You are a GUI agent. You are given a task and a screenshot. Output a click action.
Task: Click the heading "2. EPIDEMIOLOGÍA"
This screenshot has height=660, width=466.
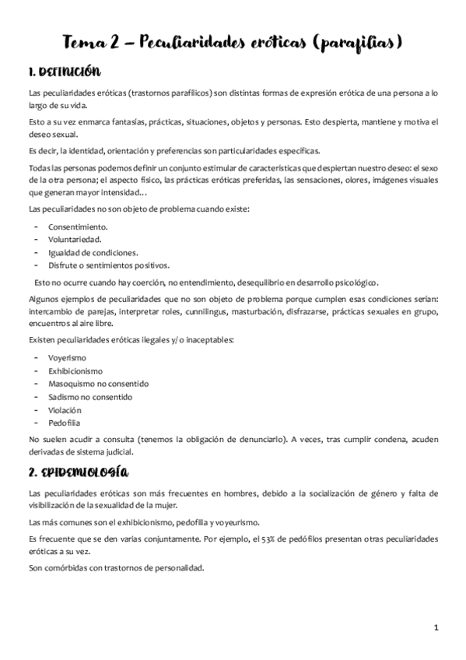pyautogui.click(x=78, y=472)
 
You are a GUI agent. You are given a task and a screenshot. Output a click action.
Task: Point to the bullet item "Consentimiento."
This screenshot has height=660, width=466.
pyautogui.click(x=78, y=226)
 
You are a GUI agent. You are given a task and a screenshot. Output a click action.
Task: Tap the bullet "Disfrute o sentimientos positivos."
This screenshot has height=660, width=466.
pyautogui.click(x=107, y=265)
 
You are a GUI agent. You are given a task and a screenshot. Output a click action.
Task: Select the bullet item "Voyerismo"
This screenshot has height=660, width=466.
pyautogui.click(x=68, y=357)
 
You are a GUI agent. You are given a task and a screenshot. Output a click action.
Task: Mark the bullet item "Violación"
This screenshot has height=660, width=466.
pyautogui.click(x=65, y=410)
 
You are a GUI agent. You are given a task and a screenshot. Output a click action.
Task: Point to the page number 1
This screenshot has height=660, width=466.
pyautogui.click(x=437, y=627)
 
